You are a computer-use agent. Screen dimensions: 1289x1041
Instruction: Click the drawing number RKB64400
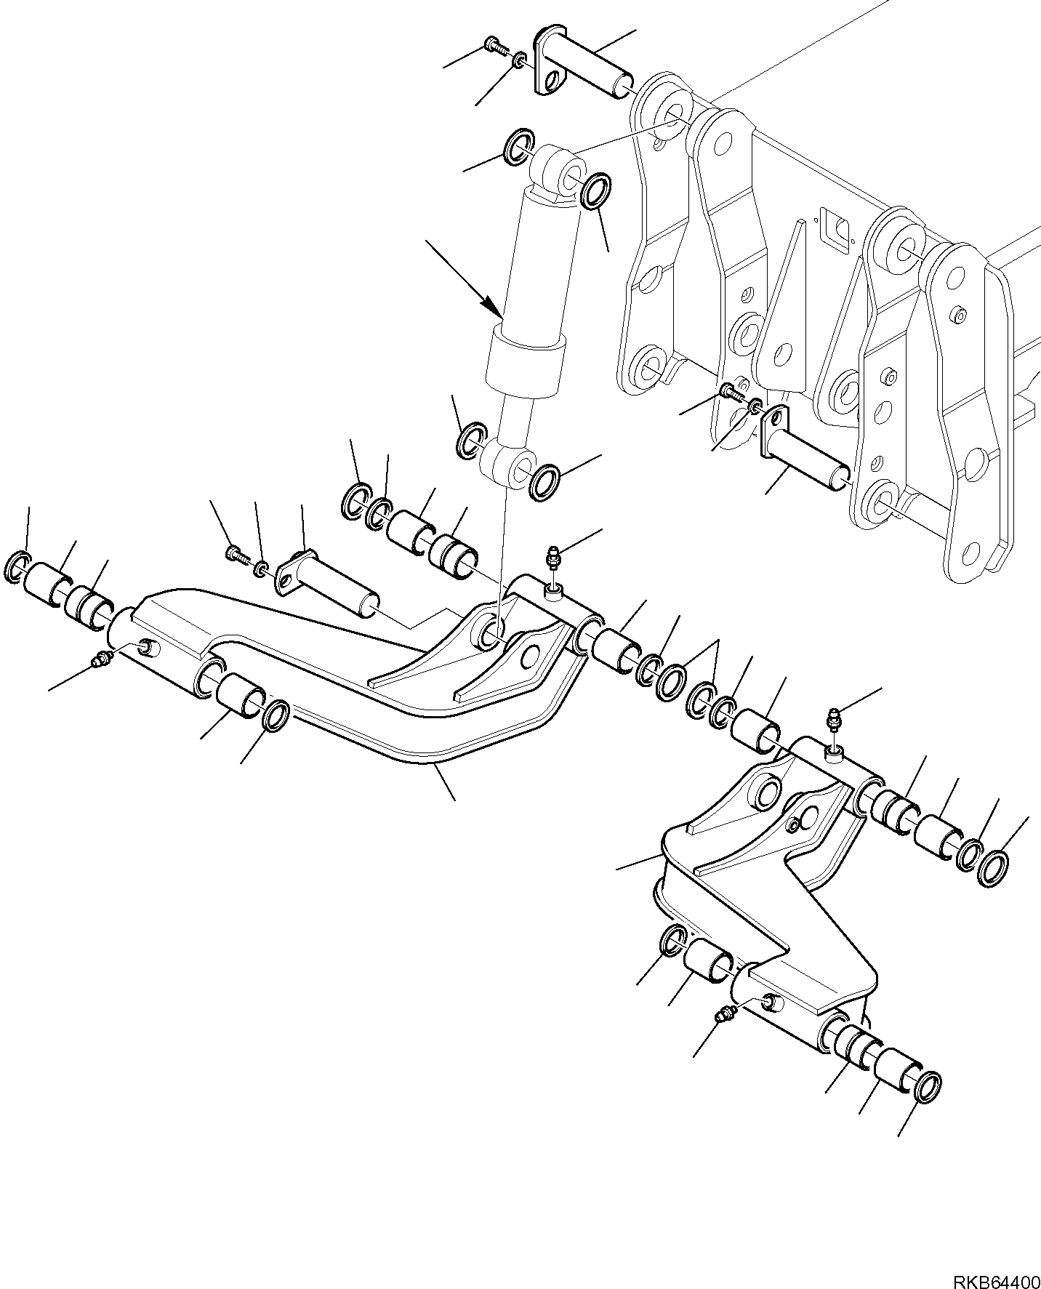click(x=996, y=1274)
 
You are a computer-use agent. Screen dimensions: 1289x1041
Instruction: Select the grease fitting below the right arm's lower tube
click(x=725, y=1014)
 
